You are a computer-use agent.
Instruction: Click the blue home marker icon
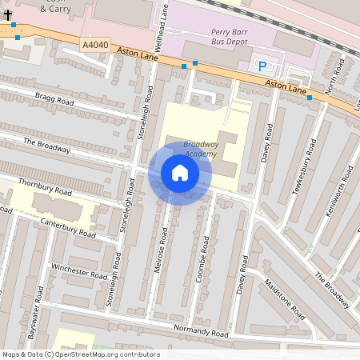coord(180,173)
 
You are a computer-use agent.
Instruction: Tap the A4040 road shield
coord(94,46)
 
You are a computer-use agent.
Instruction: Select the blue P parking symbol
coord(262,65)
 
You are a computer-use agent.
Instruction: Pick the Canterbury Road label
coord(68,229)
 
